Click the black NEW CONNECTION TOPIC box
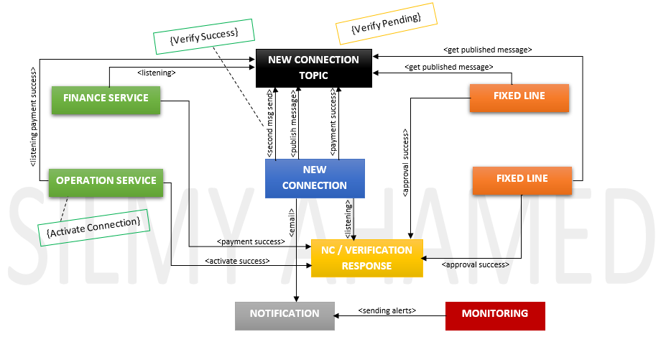313,68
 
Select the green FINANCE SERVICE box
106,98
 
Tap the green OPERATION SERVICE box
106,181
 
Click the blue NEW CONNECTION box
315,178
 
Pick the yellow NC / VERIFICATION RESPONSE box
367,258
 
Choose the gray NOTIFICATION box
285,315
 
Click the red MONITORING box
495,315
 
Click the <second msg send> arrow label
269,124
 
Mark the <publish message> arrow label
293,124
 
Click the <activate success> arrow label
237,261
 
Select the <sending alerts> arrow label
387,310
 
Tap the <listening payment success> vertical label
34,118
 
